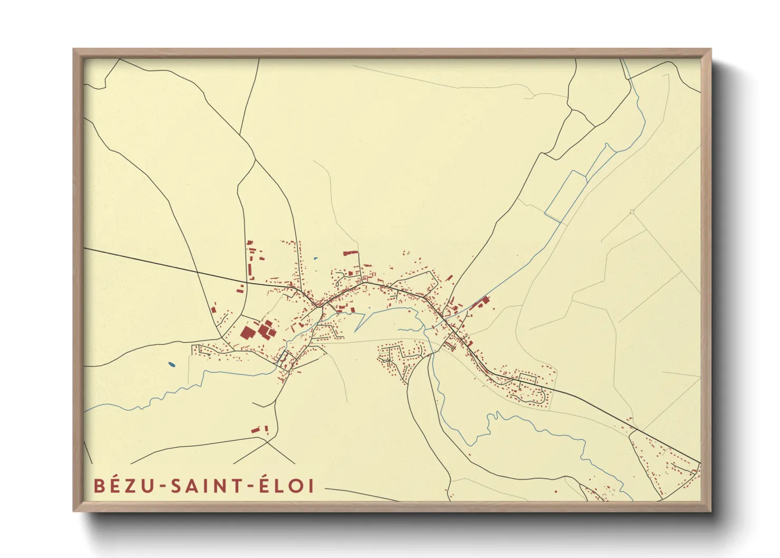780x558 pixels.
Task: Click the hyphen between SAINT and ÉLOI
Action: (248, 487)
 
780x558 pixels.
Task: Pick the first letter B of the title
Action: (99, 486)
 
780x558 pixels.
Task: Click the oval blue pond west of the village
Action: (171, 364)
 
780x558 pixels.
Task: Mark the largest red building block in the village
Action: (247, 332)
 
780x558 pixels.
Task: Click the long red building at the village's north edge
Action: (350, 253)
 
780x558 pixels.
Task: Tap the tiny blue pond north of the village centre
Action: (315, 258)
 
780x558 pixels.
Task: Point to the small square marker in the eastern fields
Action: (632, 212)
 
